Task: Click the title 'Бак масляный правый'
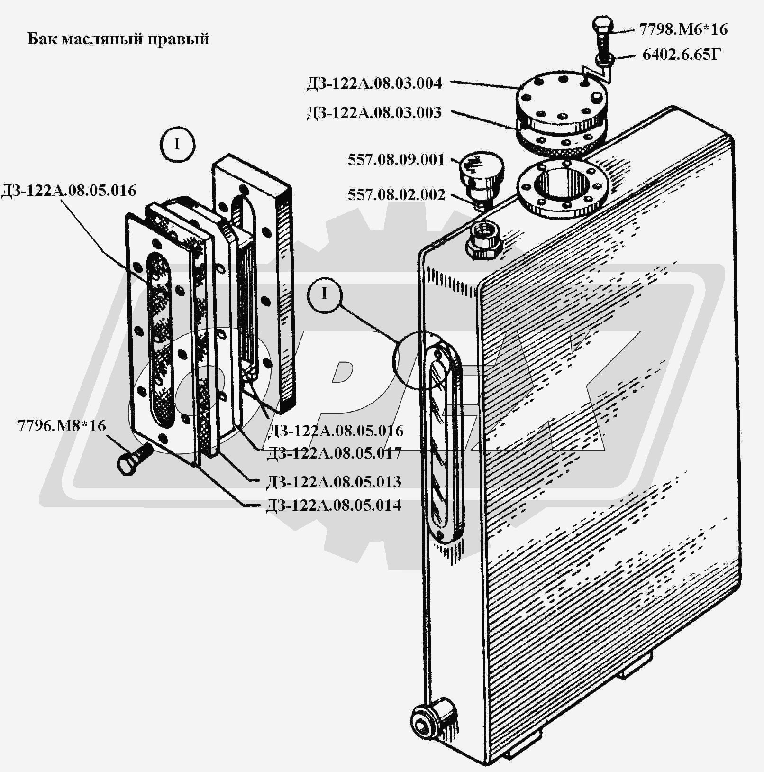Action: [118, 38]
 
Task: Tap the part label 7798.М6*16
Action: [683, 29]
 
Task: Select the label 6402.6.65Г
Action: [681, 55]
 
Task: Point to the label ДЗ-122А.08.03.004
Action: [374, 83]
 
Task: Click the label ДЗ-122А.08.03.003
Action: [374, 113]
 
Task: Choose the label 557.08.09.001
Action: [396, 160]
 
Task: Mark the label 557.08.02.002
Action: [396, 195]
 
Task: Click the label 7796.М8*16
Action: [62, 425]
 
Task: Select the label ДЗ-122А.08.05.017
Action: [334, 453]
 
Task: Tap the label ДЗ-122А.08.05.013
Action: [334, 482]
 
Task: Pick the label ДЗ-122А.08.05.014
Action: [334, 505]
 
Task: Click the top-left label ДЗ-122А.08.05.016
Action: [69, 191]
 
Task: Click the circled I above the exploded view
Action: [177, 144]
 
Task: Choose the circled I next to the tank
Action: [324, 294]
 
